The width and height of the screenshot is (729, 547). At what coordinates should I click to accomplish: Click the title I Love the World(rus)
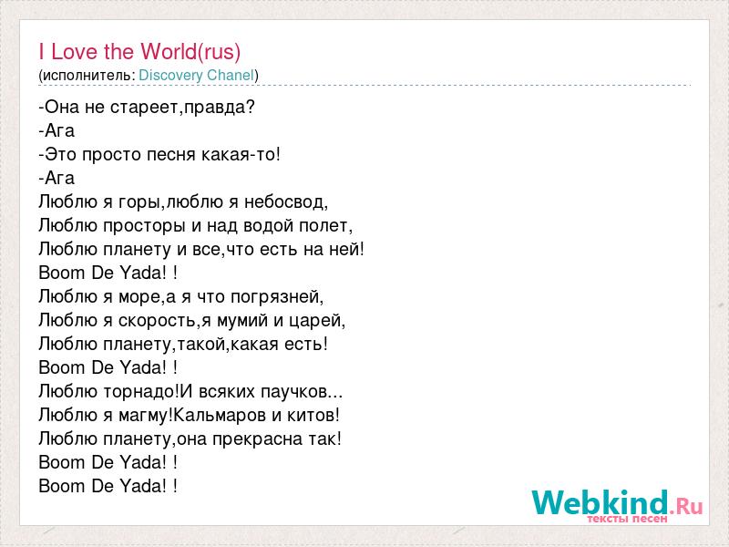coord(139,51)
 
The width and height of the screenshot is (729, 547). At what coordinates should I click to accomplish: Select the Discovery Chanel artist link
coord(197,76)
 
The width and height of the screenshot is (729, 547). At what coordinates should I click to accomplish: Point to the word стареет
coord(145,108)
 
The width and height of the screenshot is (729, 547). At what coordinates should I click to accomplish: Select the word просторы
coord(144,226)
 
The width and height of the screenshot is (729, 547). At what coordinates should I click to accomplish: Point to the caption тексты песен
coord(627,518)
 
